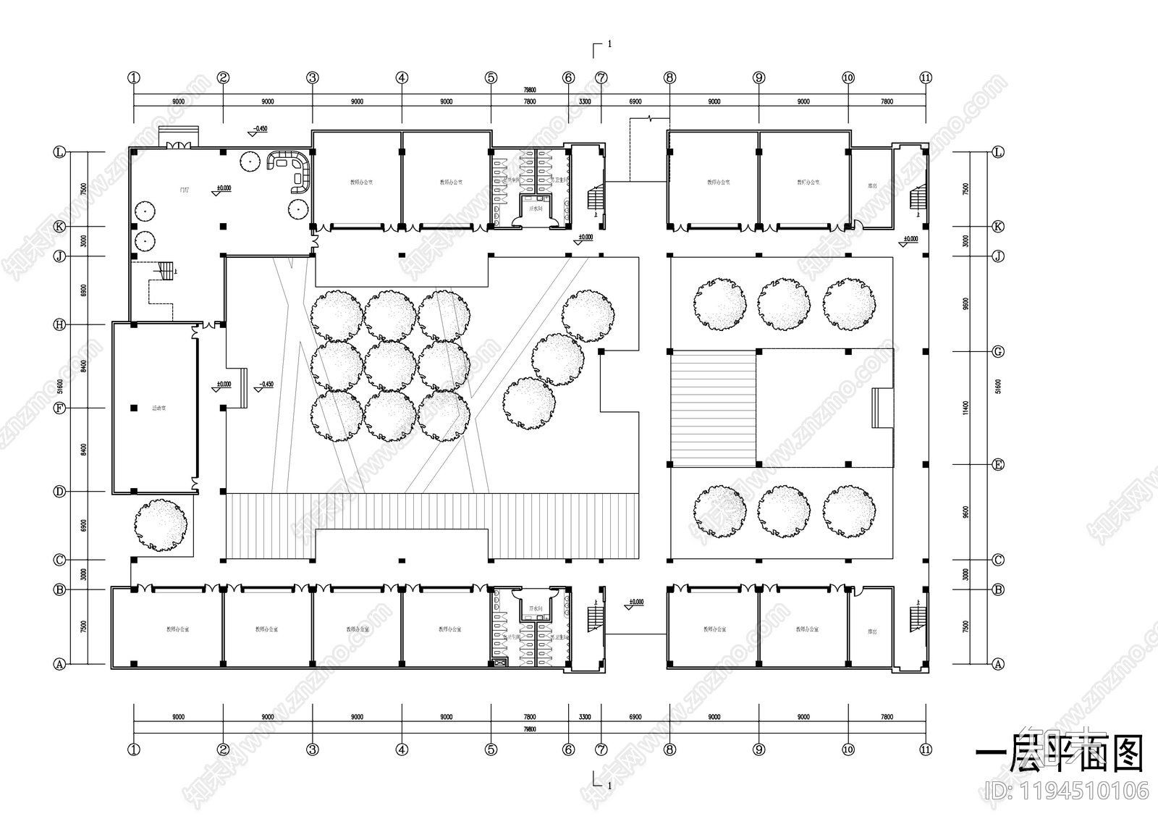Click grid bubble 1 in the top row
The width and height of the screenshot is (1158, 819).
(x=133, y=77)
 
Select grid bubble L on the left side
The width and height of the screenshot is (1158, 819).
(x=60, y=152)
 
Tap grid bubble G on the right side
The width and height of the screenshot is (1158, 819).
(x=998, y=352)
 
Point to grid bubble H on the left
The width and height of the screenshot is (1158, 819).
(x=60, y=325)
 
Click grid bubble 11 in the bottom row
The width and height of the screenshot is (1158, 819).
(x=926, y=749)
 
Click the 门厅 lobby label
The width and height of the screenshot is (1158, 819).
(x=185, y=190)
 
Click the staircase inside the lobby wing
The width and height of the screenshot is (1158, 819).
(x=167, y=271)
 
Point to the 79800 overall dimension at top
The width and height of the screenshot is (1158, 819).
(x=530, y=91)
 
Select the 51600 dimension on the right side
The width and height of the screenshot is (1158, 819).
(x=998, y=387)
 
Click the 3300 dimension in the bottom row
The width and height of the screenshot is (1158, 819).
(x=585, y=717)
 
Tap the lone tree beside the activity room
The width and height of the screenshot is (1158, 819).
(x=160, y=524)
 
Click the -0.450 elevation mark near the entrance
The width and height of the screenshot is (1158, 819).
(x=258, y=129)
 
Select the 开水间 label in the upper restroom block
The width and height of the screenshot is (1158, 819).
(x=536, y=209)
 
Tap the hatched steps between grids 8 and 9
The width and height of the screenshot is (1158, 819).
(x=713, y=408)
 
